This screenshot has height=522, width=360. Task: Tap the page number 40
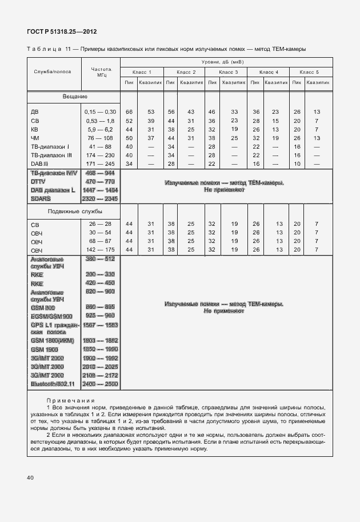tap(30, 477)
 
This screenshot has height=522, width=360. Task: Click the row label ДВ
tap(35, 111)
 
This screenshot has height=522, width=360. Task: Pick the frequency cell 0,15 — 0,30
tap(101, 111)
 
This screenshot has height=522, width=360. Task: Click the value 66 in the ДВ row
tap(129, 111)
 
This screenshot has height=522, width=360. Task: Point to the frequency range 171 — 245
tap(101, 164)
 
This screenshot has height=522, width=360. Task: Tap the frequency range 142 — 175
tap(101, 250)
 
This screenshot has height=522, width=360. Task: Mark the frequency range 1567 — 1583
tap(101, 324)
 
